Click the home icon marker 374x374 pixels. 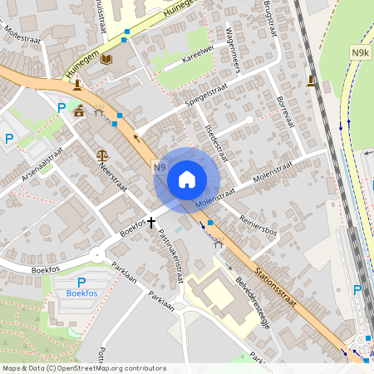(187, 179)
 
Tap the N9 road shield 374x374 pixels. (160, 168)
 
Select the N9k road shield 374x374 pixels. (360, 54)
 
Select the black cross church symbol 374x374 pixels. (151, 222)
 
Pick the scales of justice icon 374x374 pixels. (102, 154)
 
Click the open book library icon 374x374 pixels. (106, 59)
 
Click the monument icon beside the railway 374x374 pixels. (311, 81)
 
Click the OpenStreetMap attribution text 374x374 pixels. (84, 367)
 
